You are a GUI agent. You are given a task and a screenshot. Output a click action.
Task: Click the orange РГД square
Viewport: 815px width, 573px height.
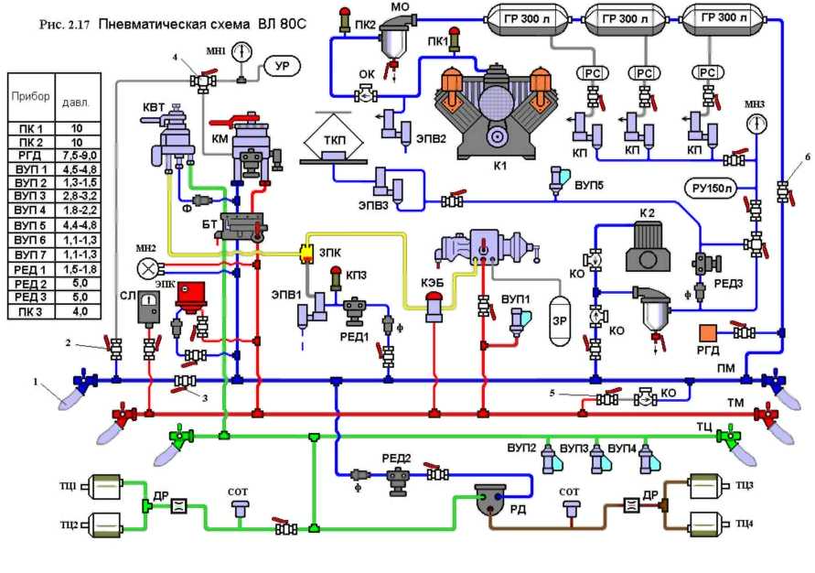[711, 333]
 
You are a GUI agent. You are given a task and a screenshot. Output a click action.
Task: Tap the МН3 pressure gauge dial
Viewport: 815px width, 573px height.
[758, 124]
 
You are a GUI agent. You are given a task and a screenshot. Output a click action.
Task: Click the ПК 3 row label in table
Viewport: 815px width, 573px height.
[30, 311]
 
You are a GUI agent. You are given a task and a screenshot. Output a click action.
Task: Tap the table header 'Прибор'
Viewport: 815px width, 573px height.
[30, 94]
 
